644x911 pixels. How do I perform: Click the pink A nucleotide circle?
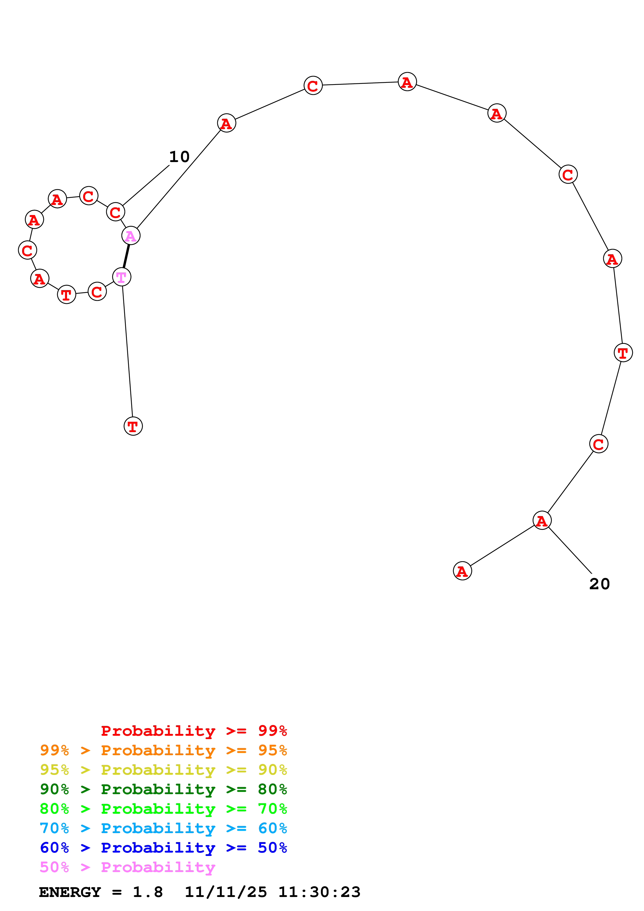131,236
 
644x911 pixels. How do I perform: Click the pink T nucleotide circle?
121,277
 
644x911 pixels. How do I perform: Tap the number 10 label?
179,157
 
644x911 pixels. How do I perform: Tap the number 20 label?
599,584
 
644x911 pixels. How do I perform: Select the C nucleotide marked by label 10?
115,212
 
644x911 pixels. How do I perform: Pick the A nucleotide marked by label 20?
542,521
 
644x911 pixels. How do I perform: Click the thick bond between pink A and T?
126,256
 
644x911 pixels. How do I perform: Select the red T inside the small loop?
67,294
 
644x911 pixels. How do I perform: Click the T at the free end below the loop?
133,426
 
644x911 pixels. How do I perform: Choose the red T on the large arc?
623,352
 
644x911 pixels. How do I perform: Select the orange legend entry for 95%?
163,750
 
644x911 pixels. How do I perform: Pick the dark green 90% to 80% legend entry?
163,789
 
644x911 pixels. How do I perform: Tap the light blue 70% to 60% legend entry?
163,828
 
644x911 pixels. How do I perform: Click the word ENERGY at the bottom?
70,892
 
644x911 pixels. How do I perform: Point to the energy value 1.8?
148,892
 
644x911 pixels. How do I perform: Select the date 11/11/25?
225,892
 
